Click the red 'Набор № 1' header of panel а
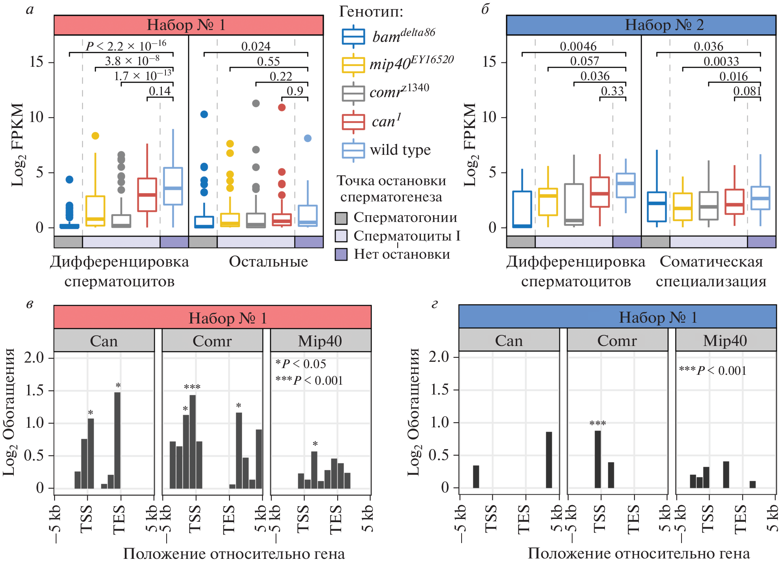188,25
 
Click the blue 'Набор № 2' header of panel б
641,25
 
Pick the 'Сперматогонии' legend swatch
341,218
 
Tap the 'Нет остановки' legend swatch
341,254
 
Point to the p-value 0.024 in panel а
256,46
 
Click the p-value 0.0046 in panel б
578,46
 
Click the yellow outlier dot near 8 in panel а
95,136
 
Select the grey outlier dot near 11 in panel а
256,103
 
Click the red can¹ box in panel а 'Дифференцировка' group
147,195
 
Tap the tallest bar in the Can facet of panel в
117,440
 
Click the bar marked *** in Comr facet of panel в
193,442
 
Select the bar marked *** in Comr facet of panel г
598,459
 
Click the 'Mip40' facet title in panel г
725,340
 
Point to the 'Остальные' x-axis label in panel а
269,261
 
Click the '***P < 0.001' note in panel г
713,370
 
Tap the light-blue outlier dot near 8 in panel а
308,138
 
